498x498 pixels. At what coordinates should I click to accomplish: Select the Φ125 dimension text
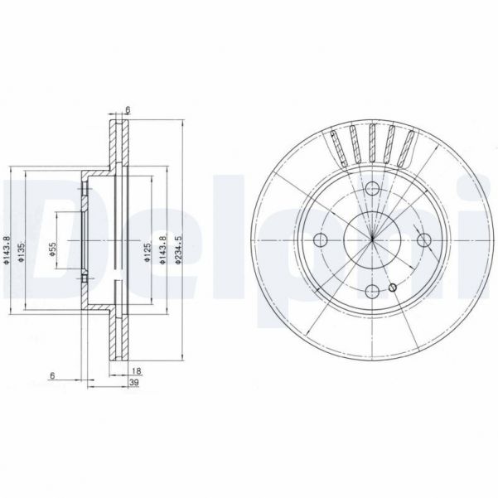(147, 251)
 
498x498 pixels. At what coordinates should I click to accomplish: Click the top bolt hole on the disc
(373, 191)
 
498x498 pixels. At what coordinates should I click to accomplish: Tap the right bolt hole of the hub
(424, 241)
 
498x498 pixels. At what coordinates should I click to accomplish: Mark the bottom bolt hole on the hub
(373, 291)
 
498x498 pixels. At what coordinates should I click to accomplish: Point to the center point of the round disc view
(373, 241)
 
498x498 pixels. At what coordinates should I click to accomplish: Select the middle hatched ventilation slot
(373, 143)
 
